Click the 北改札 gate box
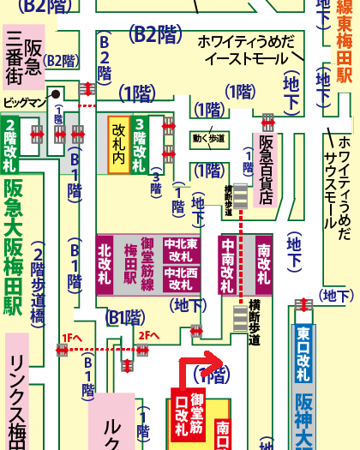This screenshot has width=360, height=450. point(105,260)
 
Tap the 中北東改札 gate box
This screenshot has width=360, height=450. point(182,249)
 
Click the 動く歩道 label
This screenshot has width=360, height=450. point(209,137)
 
